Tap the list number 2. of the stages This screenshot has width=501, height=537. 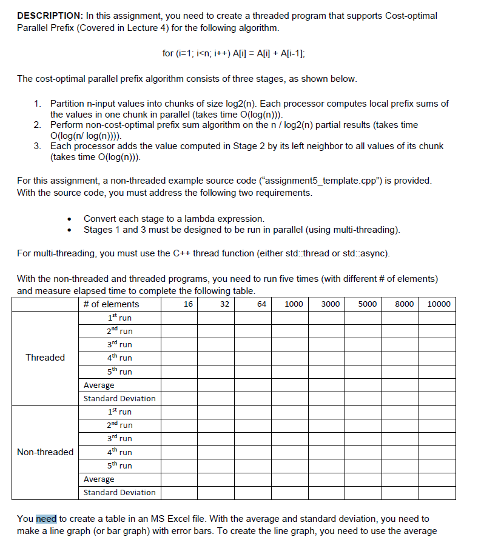(x=38, y=125)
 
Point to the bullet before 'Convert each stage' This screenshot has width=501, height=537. (x=71, y=219)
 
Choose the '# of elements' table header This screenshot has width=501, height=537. (x=111, y=304)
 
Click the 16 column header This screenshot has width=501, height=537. (x=188, y=304)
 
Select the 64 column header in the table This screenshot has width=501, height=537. (x=261, y=304)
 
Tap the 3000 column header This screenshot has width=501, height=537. (x=330, y=304)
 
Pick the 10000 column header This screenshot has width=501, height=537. (x=439, y=304)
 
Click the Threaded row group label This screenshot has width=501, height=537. (x=45, y=358)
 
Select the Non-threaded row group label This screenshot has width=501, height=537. (x=45, y=452)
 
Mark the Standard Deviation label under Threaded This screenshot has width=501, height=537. (x=119, y=398)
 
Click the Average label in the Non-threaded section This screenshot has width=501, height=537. (x=99, y=479)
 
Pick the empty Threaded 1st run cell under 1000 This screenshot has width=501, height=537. (x=290, y=318)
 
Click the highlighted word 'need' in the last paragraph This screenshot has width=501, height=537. (x=46, y=519)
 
